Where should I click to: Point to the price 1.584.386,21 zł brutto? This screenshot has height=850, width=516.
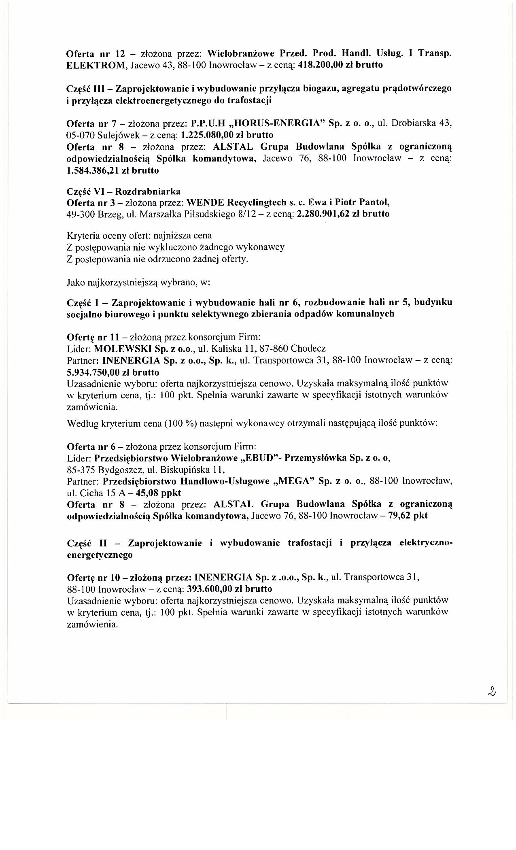point(112,170)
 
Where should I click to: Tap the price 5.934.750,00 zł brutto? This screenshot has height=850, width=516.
point(113,372)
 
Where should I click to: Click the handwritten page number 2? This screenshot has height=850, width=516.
point(492,691)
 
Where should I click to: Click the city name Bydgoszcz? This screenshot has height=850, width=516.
point(110,470)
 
